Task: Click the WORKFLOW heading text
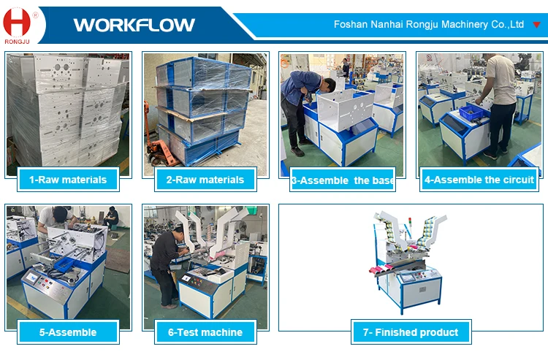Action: click(134, 25)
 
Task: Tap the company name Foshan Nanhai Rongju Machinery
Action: click(428, 24)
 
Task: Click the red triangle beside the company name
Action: click(537, 24)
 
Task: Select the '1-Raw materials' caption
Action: click(67, 179)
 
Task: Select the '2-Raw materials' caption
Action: click(205, 179)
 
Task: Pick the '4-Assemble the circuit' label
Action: click(480, 179)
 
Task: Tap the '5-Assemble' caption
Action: click(67, 332)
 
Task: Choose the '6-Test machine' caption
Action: click(205, 332)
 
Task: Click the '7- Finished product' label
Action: click(411, 332)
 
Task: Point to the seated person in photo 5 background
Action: click(111, 217)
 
